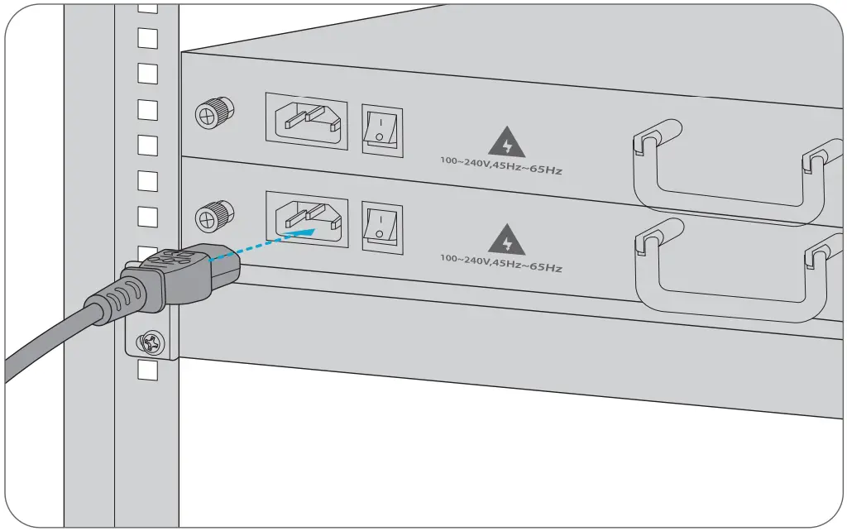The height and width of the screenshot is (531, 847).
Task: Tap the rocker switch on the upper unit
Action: point(381,129)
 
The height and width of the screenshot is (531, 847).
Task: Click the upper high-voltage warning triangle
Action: point(506,144)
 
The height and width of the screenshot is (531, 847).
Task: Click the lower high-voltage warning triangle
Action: point(506,241)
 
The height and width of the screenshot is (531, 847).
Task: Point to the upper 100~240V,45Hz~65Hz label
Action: point(500,166)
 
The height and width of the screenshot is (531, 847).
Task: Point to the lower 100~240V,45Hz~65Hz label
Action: point(500,263)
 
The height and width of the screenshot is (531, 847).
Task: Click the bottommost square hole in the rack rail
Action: point(147,371)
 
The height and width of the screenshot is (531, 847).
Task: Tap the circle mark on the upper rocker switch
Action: point(379,136)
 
